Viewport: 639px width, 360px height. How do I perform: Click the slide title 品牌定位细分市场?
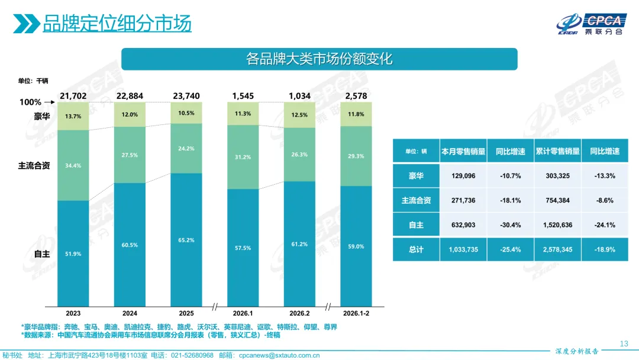point(117,24)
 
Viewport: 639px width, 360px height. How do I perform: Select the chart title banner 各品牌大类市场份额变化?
point(319,59)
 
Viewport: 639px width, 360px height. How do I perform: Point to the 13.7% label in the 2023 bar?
point(73,117)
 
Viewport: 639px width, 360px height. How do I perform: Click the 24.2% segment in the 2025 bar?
point(186,148)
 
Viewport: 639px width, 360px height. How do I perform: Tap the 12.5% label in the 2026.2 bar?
point(299,115)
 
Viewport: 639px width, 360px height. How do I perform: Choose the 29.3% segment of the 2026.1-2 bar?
point(356,156)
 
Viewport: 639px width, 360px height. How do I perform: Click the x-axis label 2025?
point(186,313)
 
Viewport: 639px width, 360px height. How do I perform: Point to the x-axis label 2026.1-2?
point(356,313)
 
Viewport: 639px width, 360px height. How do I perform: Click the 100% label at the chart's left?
point(30,102)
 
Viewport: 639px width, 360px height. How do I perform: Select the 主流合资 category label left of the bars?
point(34,166)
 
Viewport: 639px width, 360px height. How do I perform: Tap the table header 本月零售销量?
point(463,152)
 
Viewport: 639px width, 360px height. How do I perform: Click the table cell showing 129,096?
point(463,176)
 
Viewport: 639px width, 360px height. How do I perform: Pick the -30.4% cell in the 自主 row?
point(510,225)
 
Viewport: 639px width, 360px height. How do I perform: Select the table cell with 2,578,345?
point(557,250)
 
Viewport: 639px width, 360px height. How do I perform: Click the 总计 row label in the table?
point(416,250)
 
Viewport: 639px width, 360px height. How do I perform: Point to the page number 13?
point(623,344)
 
